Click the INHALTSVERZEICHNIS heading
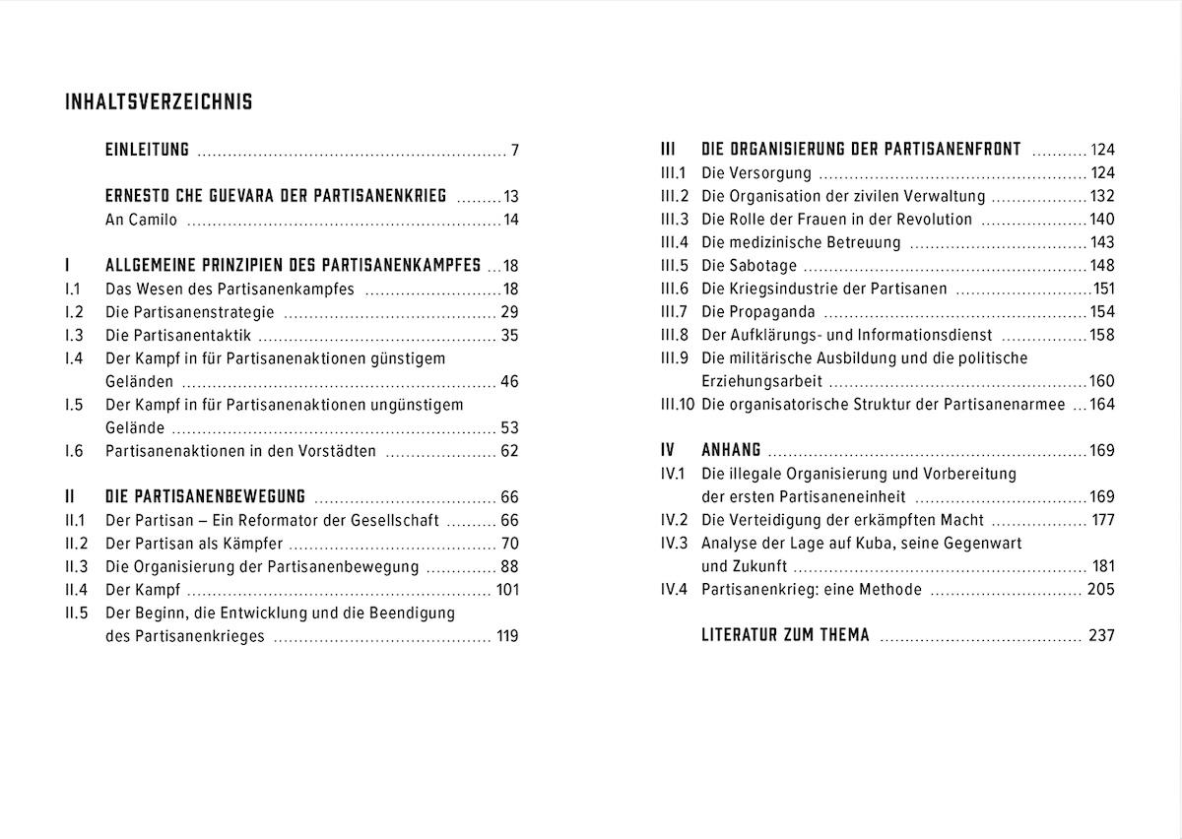click(x=159, y=102)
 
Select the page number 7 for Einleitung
click(x=514, y=151)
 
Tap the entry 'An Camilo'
click(x=141, y=220)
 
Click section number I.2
click(x=74, y=312)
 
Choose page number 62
click(x=509, y=451)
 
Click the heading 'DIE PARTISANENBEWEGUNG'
click(x=205, y=497)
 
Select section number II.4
click(x=77, y=590)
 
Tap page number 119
click(x=507, y=636)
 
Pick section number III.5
click(x=675, y=266)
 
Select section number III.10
click(x=678, y=405)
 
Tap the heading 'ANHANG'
click(x=731, y=451)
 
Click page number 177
click(x=1103, y=520)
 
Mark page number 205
click(x=1101, y=590)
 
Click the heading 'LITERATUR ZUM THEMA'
click(x=785, y=636)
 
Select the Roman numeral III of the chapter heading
click(x=668, y=150)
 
